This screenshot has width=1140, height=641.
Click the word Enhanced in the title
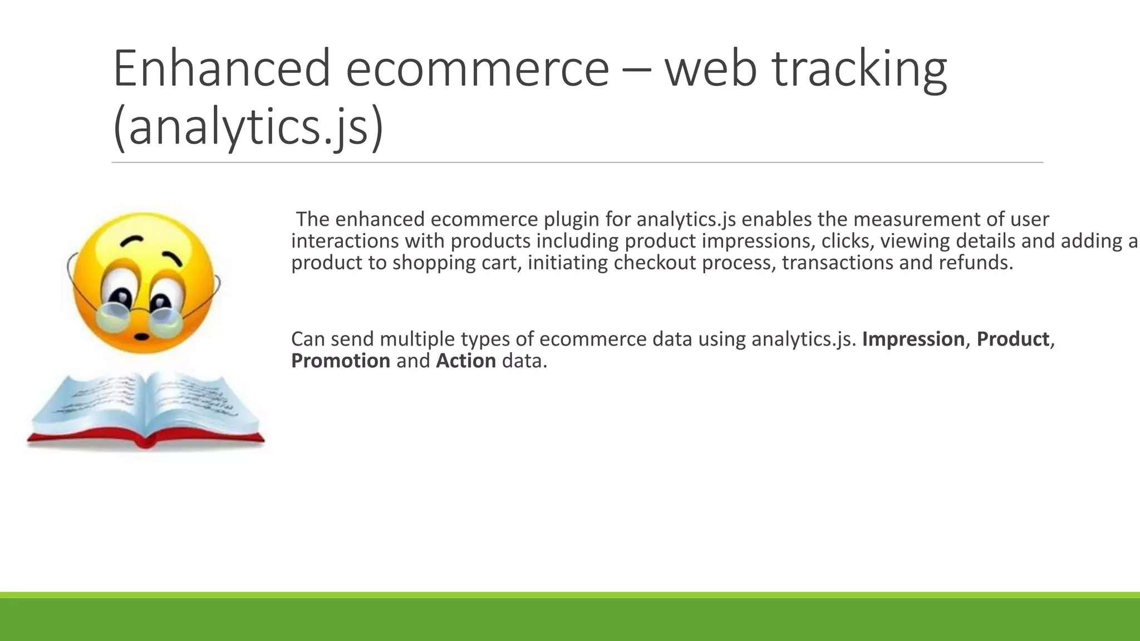coord(222,68)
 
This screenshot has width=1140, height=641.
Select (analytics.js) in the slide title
coord(248,127)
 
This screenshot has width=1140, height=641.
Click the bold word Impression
coord(913,339)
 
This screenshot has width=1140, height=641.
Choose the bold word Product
coord(1013,339)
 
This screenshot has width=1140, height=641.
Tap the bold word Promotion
coord(341,361)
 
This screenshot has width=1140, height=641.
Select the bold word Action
coord(466,361)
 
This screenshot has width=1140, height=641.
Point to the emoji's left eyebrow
coord(132,240)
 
